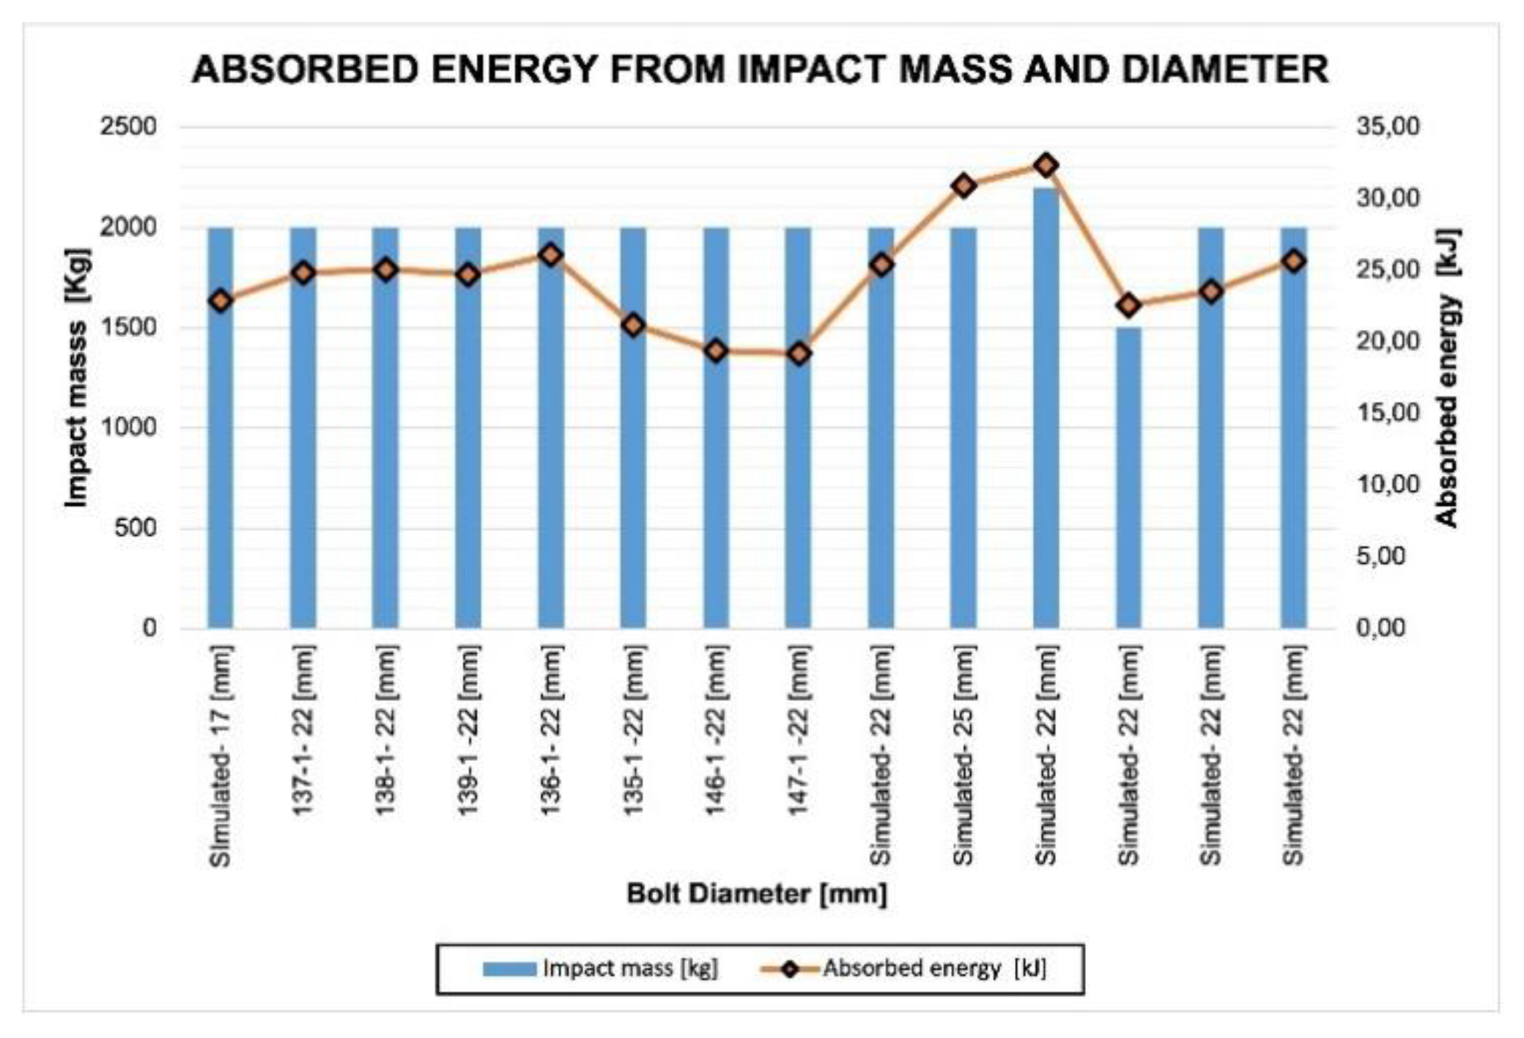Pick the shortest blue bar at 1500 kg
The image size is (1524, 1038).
tap(1129, 476)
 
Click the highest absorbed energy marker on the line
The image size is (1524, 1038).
tap(1046, 166)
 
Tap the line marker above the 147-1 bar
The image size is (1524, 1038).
tap(799, 354)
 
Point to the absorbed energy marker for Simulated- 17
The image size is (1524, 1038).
tap(221, 301)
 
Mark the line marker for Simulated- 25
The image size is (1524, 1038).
tap(964, 185)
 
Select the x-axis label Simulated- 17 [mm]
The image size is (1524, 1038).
tap(221, 755)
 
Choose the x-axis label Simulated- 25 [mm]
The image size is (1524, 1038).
tap(964, 755)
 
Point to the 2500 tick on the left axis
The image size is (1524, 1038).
tap(128, 127)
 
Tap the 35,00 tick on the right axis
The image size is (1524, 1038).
tap(1388, 127)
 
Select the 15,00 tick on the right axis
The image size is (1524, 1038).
tap(1388, 413)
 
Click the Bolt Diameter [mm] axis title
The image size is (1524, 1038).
tap(757, 894)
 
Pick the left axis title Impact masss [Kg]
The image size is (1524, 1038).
tap(76, 378)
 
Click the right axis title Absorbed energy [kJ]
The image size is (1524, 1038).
tap(1447, 378)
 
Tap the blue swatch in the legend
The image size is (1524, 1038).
tap(509, 969)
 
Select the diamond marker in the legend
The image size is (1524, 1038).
tap(789, 969)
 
